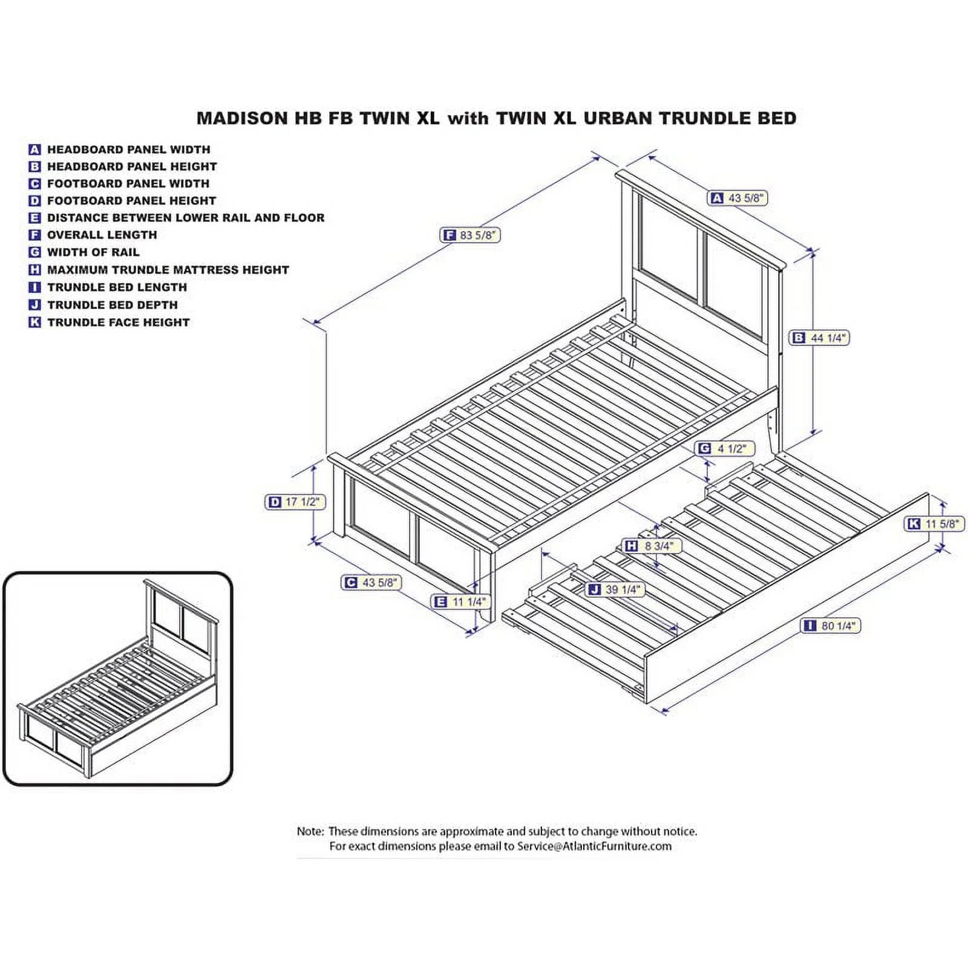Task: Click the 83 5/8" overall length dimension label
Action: [x=470, y=235]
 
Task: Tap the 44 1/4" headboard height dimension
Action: [x=819, y=338]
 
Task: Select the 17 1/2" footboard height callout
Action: [x=296, y=502]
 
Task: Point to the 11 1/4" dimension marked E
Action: [x=460, y=601]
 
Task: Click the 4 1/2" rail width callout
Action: [x=725, y=448]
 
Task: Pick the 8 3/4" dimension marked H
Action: [x=652, y=546]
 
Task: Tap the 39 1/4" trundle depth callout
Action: [x=616, y=589]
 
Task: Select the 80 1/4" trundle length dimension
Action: [x=830, y=626]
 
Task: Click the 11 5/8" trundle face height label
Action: [x=935, y=523]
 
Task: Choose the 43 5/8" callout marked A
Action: [x=737, y=198]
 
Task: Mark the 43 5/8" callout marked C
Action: [x=371, y=582]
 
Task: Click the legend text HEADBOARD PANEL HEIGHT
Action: [x=132, y=166]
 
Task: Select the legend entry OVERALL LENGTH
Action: [x=102, y=235]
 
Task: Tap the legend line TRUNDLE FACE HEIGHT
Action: [x=119, y=322]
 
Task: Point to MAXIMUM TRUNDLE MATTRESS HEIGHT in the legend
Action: [x=168, y=270]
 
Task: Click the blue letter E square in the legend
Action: [x=34, y=218]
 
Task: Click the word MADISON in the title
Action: [x=243, y=118]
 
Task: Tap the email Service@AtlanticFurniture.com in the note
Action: [x=594, y=846]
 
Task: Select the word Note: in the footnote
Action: [x=310, y=832]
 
